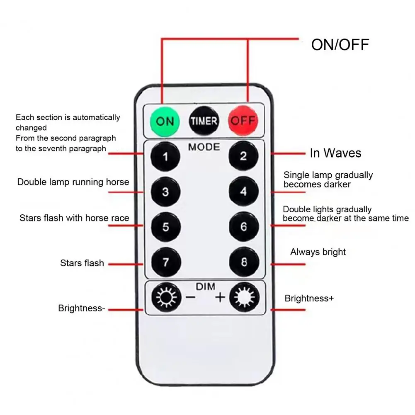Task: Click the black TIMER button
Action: tap(204, 121)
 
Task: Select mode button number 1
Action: tap(165, 157)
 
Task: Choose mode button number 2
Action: tap(243, 156)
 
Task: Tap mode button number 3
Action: tap(165, 192)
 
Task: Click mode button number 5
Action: tap(165, 227)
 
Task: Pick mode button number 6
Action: tap(243, 227)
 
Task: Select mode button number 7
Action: tap(165, 262)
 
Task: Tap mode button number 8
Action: tap(243, 262)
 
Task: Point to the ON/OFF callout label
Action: tap(340, 44)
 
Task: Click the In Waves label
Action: tap(335, 153)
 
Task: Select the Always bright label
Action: tap(318, 252)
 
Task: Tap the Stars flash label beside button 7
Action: tap(82, 263)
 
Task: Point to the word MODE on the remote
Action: tap(204, 147)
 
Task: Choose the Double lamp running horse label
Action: tap(73, 182)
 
